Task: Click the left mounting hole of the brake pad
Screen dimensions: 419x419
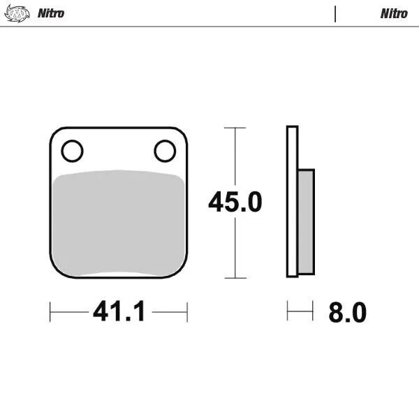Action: point(72,150)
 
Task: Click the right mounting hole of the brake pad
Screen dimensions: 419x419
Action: point(165,150)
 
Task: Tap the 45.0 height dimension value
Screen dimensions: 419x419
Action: point(235,203)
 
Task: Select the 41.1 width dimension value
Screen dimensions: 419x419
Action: point(119,312)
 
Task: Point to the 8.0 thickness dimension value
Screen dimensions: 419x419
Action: point(347,313)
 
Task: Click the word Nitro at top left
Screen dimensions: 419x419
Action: point(51,13)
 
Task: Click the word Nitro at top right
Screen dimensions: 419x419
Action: point(394,13)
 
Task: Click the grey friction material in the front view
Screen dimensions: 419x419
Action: point(119,223)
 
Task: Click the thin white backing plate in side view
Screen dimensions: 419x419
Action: point(293,203)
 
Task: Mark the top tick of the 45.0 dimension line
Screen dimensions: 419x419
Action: point(235,128)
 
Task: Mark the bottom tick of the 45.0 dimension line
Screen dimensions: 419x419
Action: point(235,278)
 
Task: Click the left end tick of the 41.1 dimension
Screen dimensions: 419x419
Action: point(50,311)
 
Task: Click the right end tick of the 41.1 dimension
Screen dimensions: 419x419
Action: point(187,311)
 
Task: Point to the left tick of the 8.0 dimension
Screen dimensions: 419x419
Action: point(288,311)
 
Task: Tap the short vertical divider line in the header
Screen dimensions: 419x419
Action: point(335,13)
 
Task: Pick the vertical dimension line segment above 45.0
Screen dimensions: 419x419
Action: point(235,157)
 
